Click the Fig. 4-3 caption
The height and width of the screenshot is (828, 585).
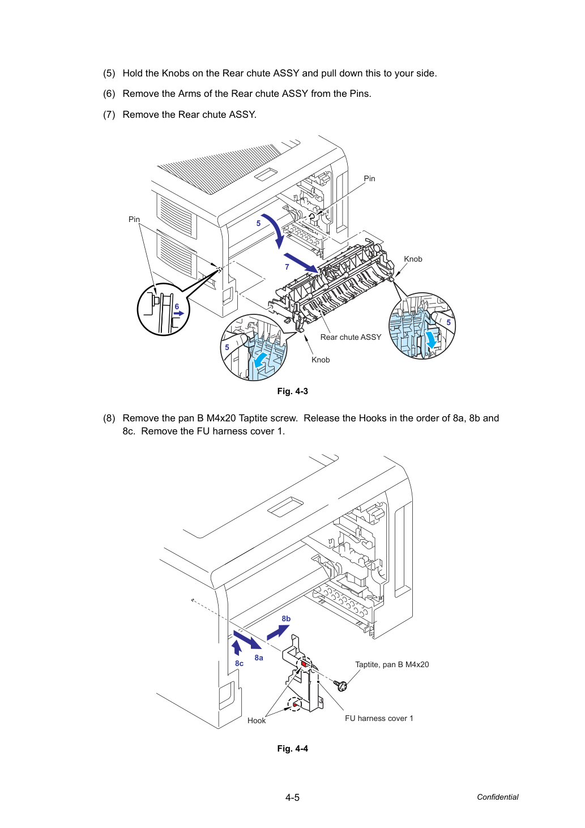click(292, 391)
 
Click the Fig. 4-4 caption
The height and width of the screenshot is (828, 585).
click(292, 749)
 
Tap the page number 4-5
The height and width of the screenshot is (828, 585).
click(292, 797)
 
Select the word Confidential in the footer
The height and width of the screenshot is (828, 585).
click(497, 797)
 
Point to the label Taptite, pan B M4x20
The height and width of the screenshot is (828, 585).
click(392, 665)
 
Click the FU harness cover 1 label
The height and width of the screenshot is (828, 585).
click(379, 718)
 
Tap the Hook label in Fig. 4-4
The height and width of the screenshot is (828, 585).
click(257, 720)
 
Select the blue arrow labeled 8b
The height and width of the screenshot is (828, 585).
click(278, 632)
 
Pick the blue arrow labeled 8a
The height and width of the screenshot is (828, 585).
click(247, 639)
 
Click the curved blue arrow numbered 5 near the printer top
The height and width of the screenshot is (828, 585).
click(275, 229)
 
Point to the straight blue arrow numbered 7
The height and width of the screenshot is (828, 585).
click(301, 263)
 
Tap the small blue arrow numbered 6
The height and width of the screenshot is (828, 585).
click(179, 313)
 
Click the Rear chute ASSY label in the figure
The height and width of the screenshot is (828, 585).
click(351, 337)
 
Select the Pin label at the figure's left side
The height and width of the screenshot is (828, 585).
click(134, 219)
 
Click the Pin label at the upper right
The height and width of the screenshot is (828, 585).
click(369, 178)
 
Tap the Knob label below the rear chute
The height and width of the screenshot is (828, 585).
click(321, 360)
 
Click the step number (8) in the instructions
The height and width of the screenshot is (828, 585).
click(109, 418)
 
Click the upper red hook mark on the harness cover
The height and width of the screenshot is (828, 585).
click(304, 664)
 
